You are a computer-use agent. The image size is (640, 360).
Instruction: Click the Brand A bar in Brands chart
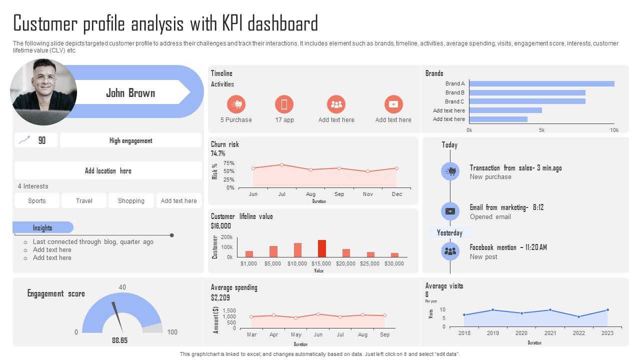point(541,84)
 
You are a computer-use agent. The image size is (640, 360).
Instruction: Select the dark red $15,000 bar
point(322,248)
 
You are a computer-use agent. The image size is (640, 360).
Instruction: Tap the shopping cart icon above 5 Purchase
point(236,104)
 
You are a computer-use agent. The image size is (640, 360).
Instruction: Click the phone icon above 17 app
point(284,104)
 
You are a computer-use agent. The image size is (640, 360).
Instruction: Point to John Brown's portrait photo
point(43,92)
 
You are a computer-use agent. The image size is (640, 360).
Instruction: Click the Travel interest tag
point(84,200)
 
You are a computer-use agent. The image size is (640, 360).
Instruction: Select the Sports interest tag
point(37,200)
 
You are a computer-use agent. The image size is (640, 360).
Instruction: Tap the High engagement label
point(130,140)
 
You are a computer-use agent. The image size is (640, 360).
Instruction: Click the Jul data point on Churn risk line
point(282,164)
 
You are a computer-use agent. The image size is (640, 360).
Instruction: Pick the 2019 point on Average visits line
point(492,310)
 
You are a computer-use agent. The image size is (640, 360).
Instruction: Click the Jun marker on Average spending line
point(318,314)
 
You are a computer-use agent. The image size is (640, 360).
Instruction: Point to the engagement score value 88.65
point(119,340)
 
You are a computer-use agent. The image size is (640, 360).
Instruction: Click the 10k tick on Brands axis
point(614,130)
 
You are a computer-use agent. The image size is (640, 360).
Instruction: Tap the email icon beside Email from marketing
point(450,211)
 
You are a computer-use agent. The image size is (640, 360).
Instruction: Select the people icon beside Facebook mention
point(450,251)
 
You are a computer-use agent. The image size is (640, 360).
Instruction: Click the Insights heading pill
point(43,227)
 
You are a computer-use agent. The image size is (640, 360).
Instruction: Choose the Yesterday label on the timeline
point(449,233)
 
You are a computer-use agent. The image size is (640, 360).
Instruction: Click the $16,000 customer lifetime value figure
point(221,226)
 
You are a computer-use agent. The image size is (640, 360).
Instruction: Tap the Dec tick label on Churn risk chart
point(397,194)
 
